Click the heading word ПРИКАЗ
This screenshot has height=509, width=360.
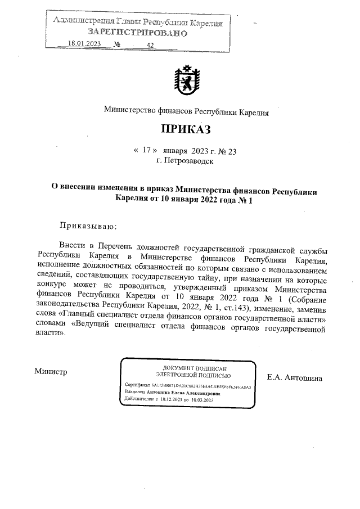click(x=186, y=130)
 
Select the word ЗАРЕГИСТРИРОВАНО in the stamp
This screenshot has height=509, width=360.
click(x=137, y=33)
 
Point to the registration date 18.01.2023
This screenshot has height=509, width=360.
click(x=84, y=44)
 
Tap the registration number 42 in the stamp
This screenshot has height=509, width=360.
click(x=150, y=45)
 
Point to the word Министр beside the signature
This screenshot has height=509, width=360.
click(x=51, y=371)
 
